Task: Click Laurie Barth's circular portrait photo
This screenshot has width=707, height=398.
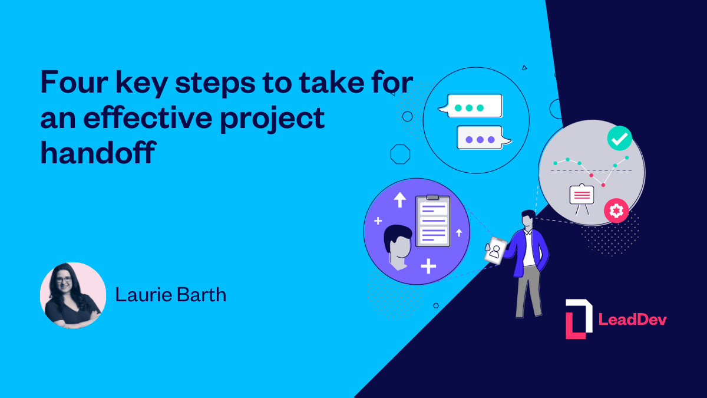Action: (x=72, y=295)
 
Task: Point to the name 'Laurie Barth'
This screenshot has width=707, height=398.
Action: (x=171, y=295)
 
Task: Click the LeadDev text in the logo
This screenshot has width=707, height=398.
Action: (x=632, y=320)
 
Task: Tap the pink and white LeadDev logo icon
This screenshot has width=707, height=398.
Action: (x=579, y=319)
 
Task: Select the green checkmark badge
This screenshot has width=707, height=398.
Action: (x=619, y=139)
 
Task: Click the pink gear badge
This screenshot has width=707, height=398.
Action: (x=616, y=210)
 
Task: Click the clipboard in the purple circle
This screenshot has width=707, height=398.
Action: (x=432, y=221)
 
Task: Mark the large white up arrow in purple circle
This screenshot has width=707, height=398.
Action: (x=400, y=199)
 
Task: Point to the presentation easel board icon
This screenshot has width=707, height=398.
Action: (x=582, y=196)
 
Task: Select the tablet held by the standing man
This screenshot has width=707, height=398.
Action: (x=495, y=250)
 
